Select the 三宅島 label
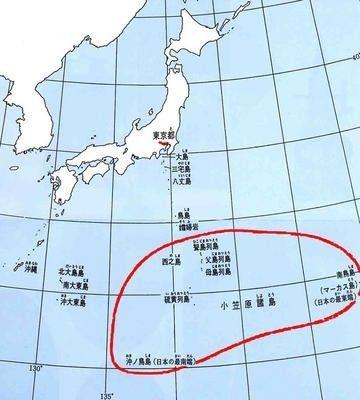pyautogui.click(x=181, y=170)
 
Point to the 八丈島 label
pyautogui.click(x=181, y=183)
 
